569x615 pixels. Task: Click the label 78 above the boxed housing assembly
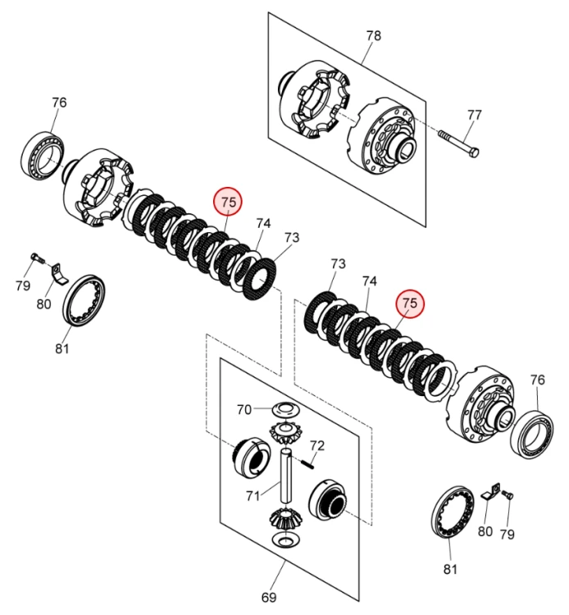(373, 36)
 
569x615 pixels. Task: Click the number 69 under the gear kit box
(268, 596)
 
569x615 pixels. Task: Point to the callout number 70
(244, 409)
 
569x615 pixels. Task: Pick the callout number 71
(253, 494)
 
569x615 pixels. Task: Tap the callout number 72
(317, 446)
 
